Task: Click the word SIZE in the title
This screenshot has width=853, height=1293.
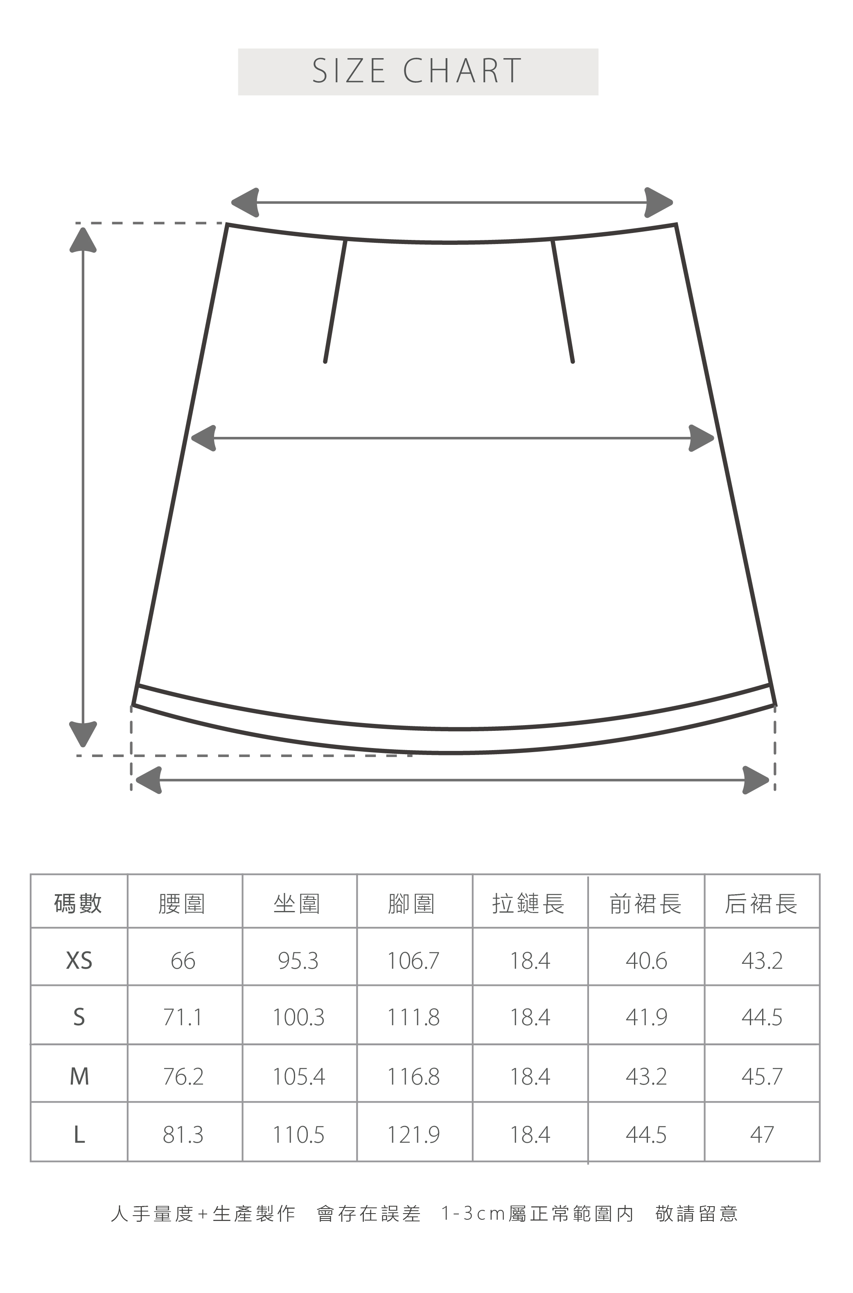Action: click(349, 71)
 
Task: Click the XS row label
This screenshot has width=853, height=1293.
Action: click(79, 961)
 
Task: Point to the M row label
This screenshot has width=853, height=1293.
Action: click(79, 1076)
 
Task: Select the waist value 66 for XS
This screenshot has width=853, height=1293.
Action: click(183, 961)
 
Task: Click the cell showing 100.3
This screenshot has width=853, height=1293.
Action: click(298, 1017)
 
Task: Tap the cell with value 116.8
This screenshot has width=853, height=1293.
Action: click(413, 1076)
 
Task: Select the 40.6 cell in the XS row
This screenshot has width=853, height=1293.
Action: click(646, 961)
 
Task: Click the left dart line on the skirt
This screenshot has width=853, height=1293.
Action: click(335, 301)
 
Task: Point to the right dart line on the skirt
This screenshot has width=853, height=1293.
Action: click(562, 301)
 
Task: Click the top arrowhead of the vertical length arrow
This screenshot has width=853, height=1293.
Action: click(83, 240)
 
